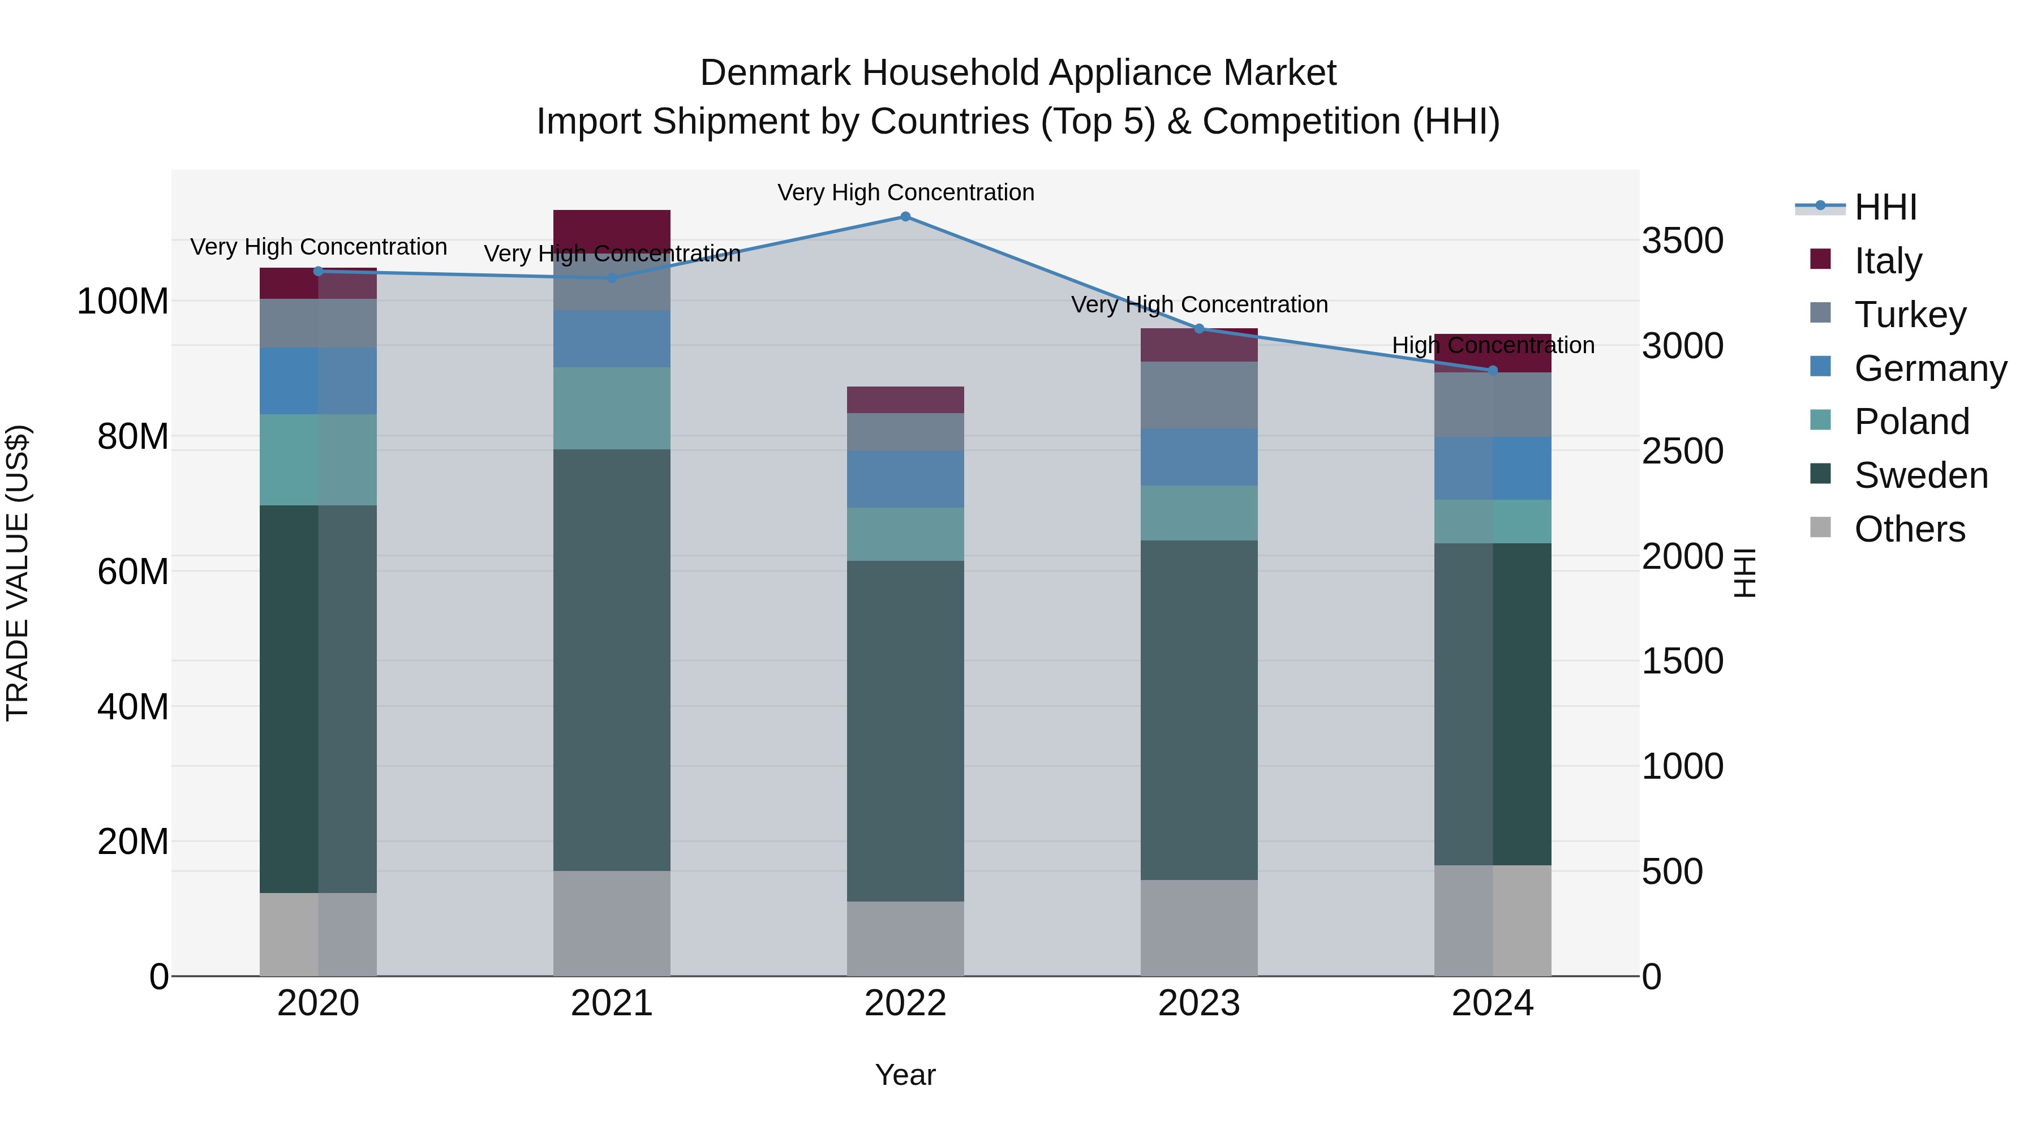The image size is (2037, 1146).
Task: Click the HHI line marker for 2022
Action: (x=905, y=217)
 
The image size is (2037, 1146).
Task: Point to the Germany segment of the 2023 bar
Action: (x=1199, y=457)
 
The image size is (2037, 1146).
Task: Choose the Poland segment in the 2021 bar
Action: (x=611, y=408)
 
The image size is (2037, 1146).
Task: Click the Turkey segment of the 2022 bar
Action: (x=905, y=432)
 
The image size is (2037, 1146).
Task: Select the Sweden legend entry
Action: (x=1920, y=476)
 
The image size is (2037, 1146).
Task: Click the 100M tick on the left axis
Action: (x=123, y=301)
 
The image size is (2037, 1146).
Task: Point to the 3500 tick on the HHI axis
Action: (x=1682, y=241)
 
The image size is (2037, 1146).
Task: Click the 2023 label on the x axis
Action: (x=1199, y=1003)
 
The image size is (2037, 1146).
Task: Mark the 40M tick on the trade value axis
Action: (x=133, y=706)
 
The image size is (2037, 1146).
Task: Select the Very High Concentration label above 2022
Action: (x=905, y=192)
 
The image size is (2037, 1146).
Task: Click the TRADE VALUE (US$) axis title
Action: (x=18, y=573)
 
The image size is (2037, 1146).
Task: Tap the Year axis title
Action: (x=905, y=1075)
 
